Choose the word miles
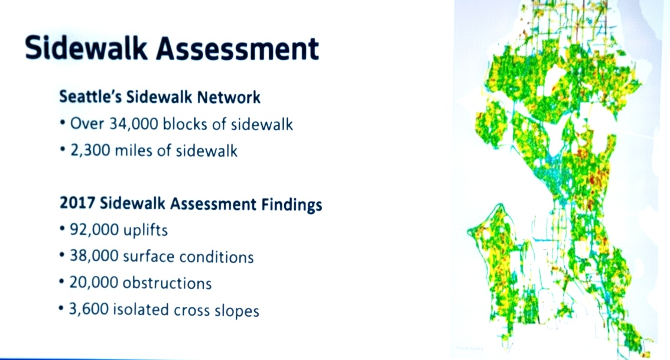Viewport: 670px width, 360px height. (x=137, y=151)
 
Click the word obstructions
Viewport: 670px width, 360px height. (x=167, y=283)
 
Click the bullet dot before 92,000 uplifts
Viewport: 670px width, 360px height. (x=63, y=231)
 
